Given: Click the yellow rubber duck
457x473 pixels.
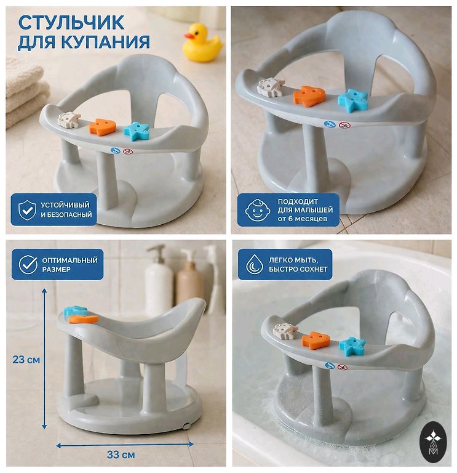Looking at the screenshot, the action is (202, 43).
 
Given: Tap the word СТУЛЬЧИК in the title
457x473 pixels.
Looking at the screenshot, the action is (71, 23).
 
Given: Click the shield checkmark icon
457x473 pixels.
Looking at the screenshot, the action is (27, 210).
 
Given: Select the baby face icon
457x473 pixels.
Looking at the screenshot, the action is (257, 210).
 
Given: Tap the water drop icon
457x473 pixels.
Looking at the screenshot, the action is (255, 264).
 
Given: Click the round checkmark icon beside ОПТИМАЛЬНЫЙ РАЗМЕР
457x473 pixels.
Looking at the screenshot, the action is (28, 265).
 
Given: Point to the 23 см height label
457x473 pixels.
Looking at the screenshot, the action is (26, 360).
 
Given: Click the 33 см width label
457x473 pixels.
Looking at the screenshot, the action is (121, 455).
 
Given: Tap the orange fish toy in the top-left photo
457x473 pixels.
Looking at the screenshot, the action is (103, 127).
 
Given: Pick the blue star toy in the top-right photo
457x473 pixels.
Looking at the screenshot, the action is (353, 100).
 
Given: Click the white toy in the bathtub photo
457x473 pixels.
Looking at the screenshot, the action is (285, 330).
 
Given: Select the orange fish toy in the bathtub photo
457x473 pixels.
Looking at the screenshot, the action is (316, 340).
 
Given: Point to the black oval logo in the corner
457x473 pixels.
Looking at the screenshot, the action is (434, 443).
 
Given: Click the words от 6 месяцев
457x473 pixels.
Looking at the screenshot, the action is (303, 219).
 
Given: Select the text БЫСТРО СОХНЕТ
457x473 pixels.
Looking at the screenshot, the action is (298, 269).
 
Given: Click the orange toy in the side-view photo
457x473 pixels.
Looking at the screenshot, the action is (84, 319).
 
